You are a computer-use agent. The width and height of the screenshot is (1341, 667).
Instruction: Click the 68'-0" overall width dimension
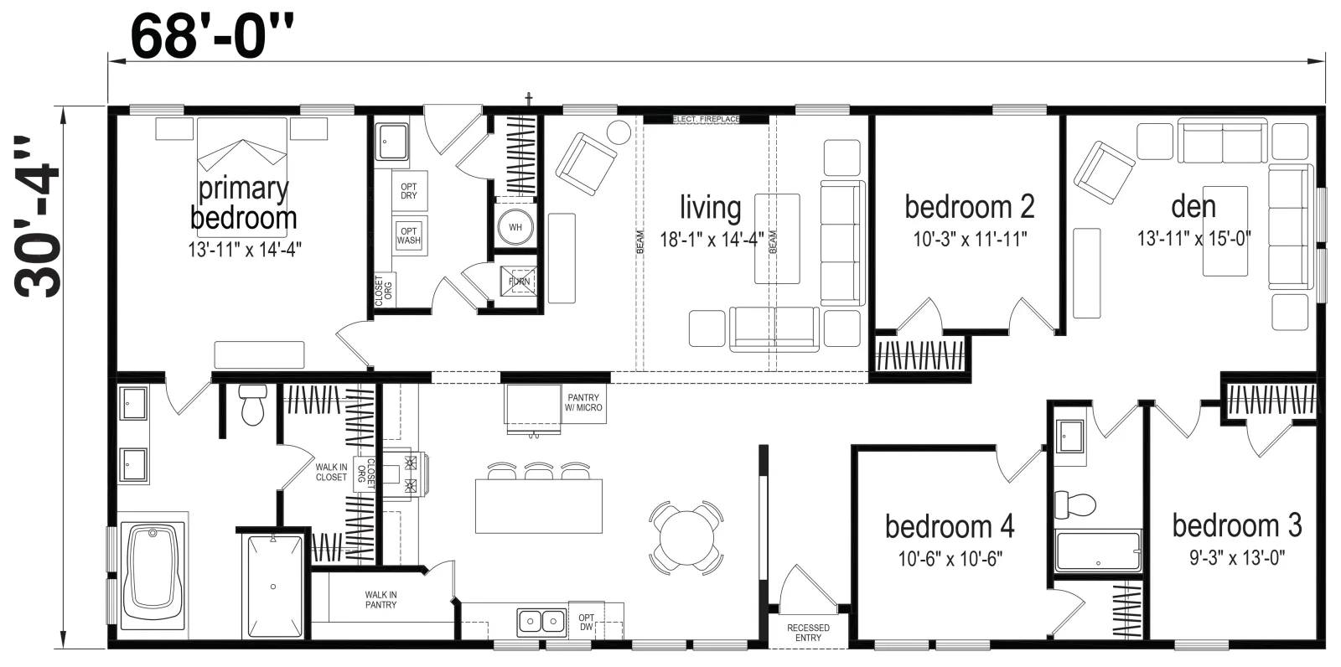pyautogui.click(x=213, y=38)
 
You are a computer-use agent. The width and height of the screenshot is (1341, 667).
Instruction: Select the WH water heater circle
pyautogui.click(x=515, y=227)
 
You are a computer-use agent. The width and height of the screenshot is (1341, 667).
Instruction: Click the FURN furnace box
pyautogui.click(x=518, y=282)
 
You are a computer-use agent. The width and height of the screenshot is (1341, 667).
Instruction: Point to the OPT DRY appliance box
pyautogui.click(x=409, y=191)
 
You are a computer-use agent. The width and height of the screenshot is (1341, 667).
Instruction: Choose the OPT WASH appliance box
pyautogui.click(x=409, y=235)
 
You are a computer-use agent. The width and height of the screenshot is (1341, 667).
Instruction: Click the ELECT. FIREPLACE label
pyautogui.click(x=707, y=120)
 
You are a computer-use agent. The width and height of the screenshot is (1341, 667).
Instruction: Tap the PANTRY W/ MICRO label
pyautogui.click(x=582, y=403)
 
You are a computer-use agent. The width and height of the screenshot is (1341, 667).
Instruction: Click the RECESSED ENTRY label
pyautogui.click(x=808, y=633)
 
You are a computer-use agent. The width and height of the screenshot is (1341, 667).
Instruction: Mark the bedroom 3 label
pyautogui.click(x=1236, y=526)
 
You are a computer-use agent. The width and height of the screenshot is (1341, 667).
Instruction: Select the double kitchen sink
pyautogui.click(x=541, y=621)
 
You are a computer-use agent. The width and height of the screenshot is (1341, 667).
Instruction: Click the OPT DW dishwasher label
pyautogui.click(x=586, y=623)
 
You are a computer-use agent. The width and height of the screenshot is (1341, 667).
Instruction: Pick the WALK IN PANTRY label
pyautogui.click(x=381, y=599)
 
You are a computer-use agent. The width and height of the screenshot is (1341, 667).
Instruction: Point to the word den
pyautogui.click(x=1193, y=206)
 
